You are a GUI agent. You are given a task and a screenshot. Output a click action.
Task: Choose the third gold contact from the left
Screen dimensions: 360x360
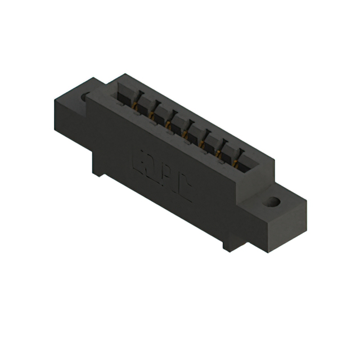168,124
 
